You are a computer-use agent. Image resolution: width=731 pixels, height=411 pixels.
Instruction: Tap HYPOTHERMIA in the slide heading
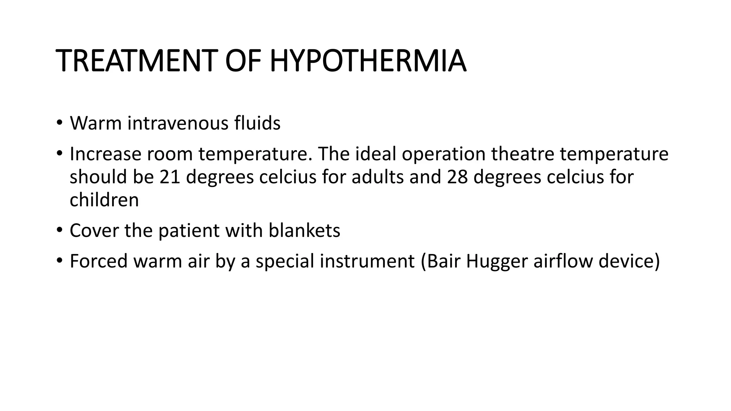pyautogui.click(x=368, y=61)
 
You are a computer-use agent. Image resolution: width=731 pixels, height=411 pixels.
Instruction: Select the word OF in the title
pyautogui.click(x=242, y=61)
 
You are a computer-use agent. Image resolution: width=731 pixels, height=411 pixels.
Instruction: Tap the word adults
pyautogui.click(x=378, y=177)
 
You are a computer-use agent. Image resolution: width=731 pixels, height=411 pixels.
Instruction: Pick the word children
pyautogui.click(x=104, y=200)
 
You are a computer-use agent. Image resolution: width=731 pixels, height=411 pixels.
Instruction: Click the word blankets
pyautogui.click(x=304, y=230)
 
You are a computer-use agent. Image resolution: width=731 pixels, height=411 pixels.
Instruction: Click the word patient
pyautogui.click(x=188, y=230)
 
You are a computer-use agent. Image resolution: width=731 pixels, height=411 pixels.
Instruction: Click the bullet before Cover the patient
pyautogui.click(x=59, y=230)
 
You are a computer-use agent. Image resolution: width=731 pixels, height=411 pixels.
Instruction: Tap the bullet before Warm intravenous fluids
pyautogui.click(x=59, y=123)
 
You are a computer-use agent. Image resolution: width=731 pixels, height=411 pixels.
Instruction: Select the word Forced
pyautogui.click(x=99, y=261)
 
